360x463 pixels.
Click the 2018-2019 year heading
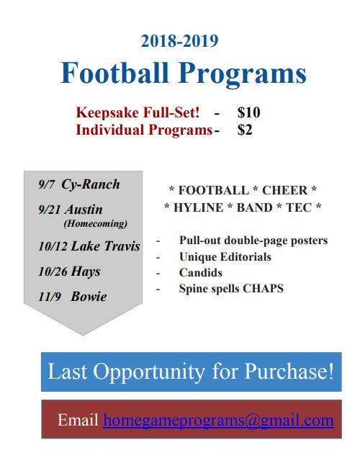coord(179,41)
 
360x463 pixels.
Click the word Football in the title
coord(114,73)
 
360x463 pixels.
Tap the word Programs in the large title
coord(242,75)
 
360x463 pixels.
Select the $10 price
coord(248,112)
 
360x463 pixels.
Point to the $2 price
coord(245,130)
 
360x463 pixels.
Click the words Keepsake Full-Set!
coord(138,112)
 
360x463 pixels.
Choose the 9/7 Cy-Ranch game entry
coord(79,184)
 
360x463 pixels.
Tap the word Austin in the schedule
coord(84,210)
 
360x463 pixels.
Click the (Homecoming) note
coord(95,223)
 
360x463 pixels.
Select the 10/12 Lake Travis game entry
coord(89,246)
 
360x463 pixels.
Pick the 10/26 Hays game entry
coord(69,271)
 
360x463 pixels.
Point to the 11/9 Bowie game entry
coord(73,297)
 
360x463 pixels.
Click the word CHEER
coord(284,190)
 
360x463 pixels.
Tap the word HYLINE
coord(198,207)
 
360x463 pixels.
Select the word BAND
coord(254,207)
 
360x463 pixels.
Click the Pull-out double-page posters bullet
coord(253,241)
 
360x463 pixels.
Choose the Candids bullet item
coord(201,273)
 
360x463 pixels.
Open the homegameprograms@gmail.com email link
coord(218,421)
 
